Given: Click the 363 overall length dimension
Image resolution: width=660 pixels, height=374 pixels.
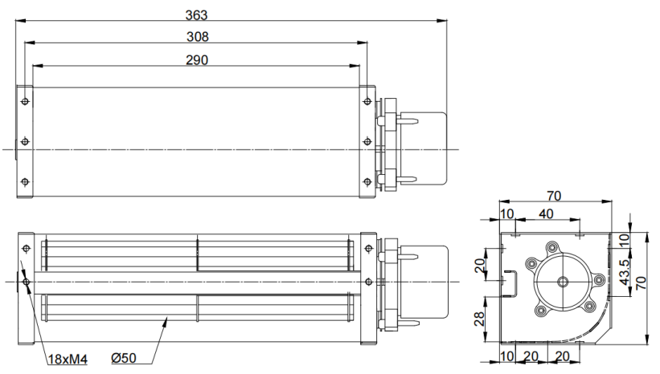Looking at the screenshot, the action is click(197, 15).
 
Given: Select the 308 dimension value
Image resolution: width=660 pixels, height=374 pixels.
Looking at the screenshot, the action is click(198, 37).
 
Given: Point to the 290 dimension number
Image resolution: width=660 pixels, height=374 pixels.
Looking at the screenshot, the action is click(197, 60).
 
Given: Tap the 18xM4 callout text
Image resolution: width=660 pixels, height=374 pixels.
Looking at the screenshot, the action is click(68, 360).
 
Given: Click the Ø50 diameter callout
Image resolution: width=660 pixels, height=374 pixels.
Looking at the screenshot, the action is click(124, 358).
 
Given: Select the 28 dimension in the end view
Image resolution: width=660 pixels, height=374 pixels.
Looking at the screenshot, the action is click(479, 319).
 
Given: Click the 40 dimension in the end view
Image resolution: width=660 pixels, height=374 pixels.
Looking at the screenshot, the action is click(546, 214).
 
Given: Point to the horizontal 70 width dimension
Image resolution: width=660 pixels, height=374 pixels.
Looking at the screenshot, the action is click(555, 196).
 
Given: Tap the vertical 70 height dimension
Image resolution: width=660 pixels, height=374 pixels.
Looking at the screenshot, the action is click(641, 283).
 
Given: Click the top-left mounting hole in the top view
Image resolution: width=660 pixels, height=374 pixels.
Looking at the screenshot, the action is click(25, 101).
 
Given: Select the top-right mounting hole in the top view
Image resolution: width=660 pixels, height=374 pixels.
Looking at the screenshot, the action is click(367, 101).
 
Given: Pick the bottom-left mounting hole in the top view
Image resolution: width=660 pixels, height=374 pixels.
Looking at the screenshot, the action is click(25, 182).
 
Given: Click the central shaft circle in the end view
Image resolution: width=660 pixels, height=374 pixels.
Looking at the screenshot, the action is click(563, 282).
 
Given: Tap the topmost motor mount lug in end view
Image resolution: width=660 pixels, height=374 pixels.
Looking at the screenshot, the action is click(551, 247).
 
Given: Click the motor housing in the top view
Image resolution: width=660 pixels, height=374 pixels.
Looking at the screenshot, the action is click(423, 148).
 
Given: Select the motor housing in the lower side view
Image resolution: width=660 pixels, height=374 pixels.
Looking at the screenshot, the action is click(424, 282).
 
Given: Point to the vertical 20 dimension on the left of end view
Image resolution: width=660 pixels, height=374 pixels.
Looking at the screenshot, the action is click(479, 266).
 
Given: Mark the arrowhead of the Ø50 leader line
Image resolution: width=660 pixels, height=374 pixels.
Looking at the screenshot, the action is click(166, 322).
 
